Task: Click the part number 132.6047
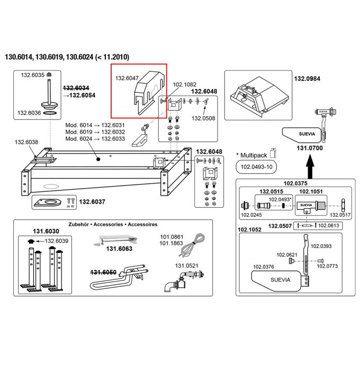[127, 78]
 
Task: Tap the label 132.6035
[32, 76]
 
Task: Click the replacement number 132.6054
[79, 95]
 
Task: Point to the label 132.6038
[26, 142]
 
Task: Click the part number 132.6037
[92, 201]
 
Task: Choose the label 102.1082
[185, 84]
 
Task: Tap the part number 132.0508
[203, 118]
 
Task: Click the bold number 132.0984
[307, 78]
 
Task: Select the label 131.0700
[310, 149]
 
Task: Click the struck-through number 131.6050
[103, 272]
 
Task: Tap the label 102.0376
[263, 267]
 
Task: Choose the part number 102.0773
[327, 266]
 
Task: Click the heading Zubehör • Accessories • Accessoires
[113, 224]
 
